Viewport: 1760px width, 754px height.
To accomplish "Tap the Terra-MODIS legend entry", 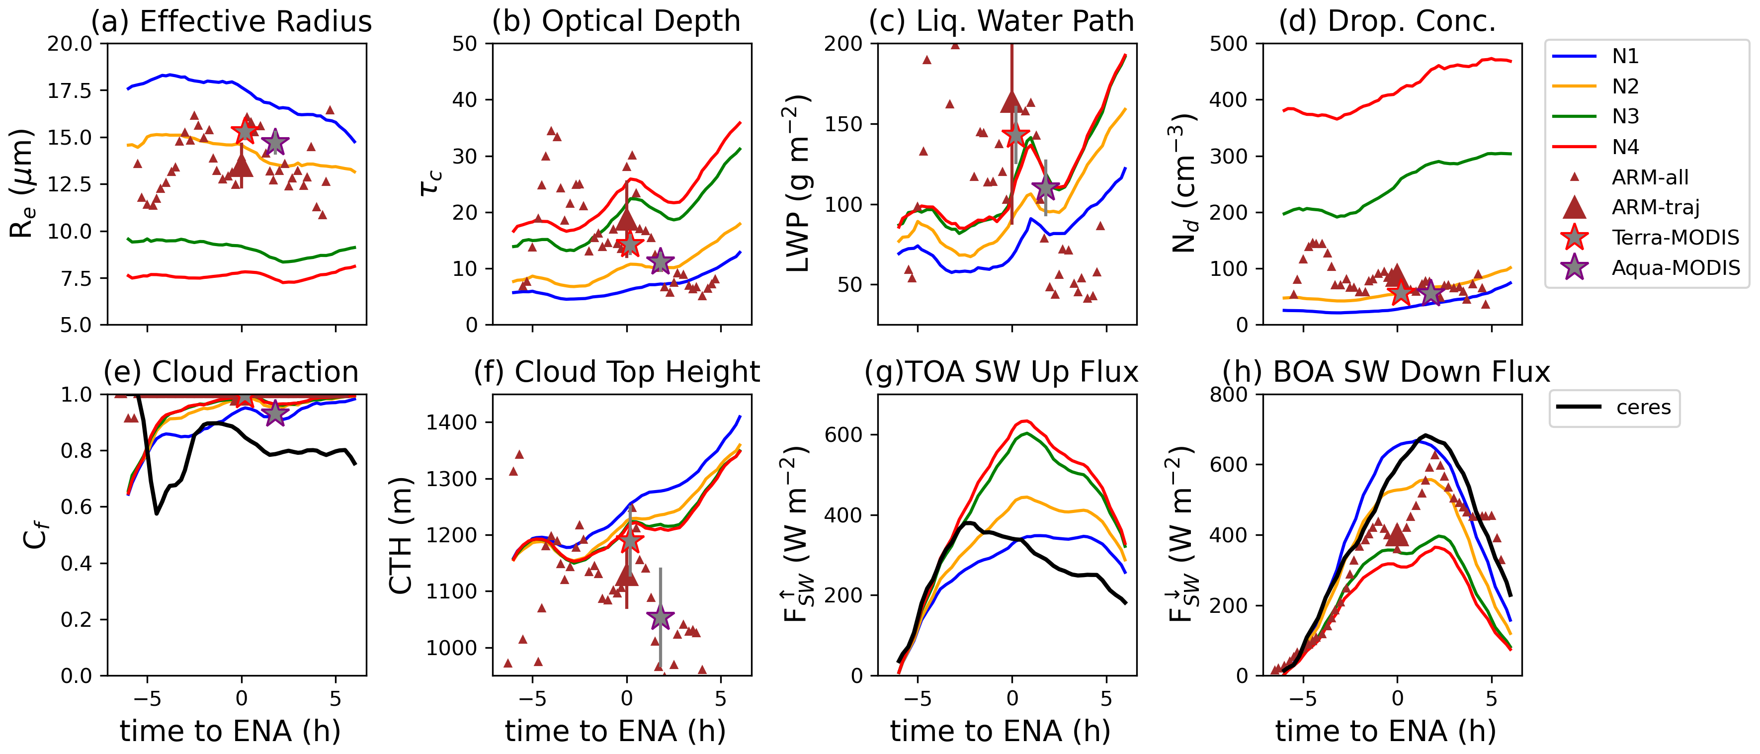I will click(1675, 238).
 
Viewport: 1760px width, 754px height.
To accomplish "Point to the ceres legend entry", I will click(1643, 408).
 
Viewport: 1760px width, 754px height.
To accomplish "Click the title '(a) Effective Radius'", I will click(232, 21).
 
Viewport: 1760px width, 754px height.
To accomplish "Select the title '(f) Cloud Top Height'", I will click(616, 372).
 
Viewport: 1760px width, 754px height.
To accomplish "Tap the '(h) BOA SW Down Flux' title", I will click(1386, 372).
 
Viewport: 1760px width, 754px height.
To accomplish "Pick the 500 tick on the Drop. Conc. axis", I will click(1229, 44).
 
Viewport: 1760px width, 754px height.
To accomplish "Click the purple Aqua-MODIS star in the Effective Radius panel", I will click(275, 143).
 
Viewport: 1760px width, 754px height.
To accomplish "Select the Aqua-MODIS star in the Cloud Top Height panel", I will click(660, 617).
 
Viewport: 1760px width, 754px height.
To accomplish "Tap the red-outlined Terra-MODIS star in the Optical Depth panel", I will click(630, 244).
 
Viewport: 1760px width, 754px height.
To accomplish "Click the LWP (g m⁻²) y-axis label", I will click(797, 184).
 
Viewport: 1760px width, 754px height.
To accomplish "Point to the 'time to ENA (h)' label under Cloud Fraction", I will click(230, 732).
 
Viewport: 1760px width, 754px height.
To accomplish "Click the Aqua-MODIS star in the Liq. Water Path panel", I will click(1045, 188).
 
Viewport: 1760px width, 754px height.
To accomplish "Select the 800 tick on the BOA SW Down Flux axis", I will click(1229, 395).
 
